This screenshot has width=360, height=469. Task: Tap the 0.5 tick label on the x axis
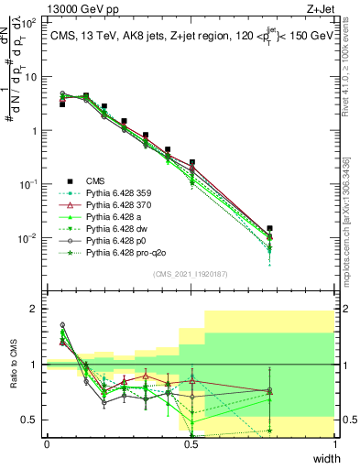pyautogui.click(x=191, y=444)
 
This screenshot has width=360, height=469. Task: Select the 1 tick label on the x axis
pyautogui.click(x=335, y=444)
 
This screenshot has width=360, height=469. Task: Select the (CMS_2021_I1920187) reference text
pyautogui.click(x=191, y=274)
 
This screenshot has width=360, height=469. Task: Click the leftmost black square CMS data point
pyautogui.click(x=62, y=104)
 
